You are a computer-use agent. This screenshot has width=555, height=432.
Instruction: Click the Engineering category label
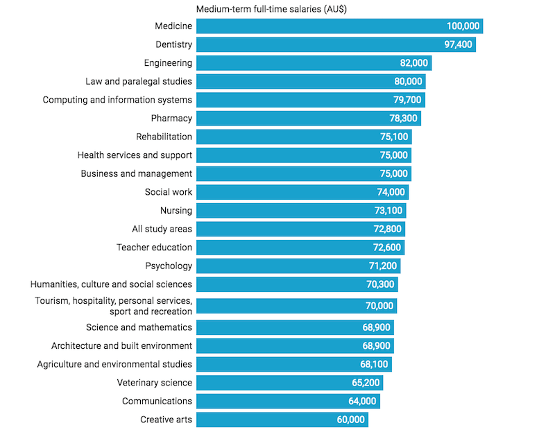[168, 63]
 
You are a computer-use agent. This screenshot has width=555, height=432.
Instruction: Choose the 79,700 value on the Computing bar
[404, 100]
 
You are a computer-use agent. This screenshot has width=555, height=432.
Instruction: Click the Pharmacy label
[171, 119]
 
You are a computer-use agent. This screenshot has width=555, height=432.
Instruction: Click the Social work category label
[169, 192]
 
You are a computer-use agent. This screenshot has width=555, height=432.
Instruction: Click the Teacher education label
[154, 248]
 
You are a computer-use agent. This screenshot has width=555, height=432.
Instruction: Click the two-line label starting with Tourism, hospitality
[114, 306]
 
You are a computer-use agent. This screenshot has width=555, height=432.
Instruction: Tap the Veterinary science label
[155, 382]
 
